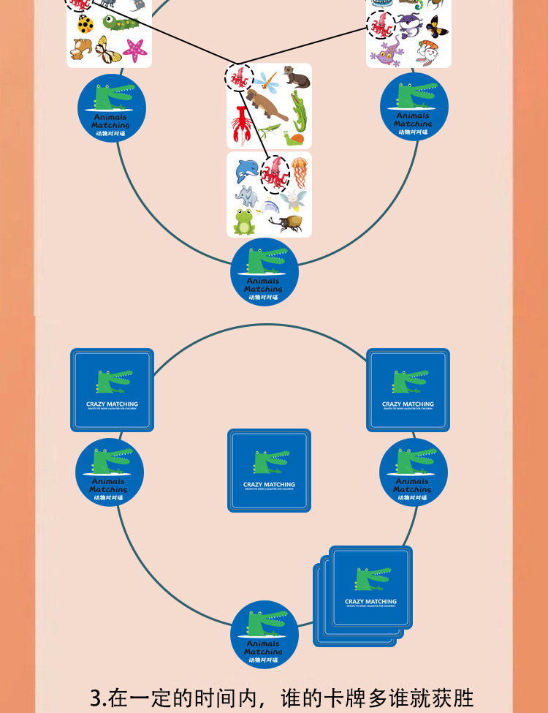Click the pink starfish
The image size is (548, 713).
[x=135, y=49]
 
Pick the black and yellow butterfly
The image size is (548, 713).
[x=436, y=27]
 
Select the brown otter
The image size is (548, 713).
[x=295, y=75]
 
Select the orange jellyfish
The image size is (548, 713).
[x=300, y=173]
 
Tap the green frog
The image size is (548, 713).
[x=244, y=222]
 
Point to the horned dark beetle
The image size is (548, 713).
[x=285, y=222]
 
